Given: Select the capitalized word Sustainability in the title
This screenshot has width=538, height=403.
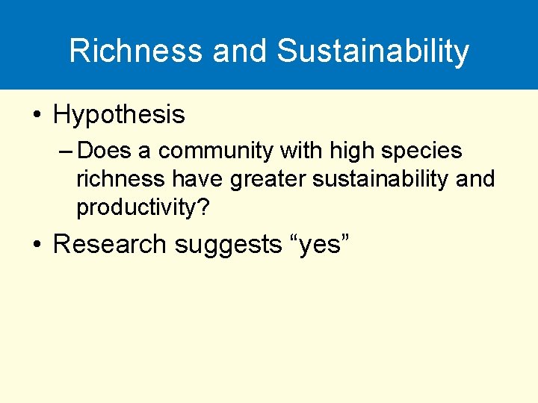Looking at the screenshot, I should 373,51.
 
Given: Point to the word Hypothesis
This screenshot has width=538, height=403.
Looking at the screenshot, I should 119,115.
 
